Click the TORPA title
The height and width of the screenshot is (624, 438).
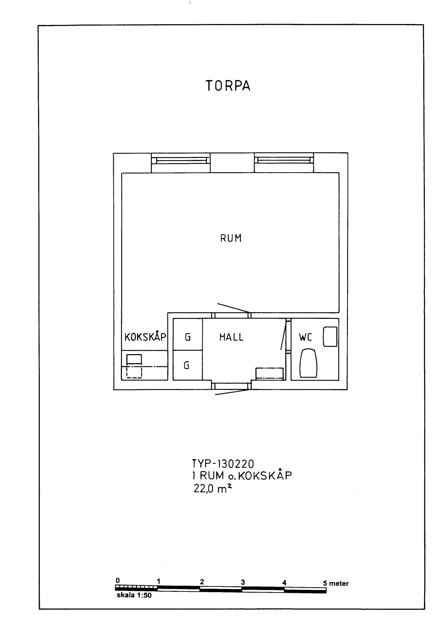click(x=228, y=86)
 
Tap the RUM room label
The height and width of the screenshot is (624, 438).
click(x=231, y=238)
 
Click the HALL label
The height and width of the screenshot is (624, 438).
click(x=231, y=337)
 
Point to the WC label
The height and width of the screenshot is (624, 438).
click(x=306, y=337)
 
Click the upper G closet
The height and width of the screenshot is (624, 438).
click(x=188, y=334)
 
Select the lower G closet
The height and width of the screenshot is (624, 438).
click(x=188, y=365)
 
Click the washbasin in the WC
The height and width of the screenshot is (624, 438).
click(x=330, y=336)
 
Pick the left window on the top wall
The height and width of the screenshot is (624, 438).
click(x=181, y=160)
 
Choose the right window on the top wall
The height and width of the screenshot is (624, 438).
click(x=284, y=160)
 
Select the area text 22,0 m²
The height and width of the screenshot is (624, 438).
click(x=213, y=488)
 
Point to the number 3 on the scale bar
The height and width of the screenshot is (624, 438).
click(x=243, y=582)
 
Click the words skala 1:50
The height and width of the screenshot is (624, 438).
click(x=134, y=595)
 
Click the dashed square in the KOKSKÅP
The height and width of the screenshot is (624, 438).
click(x=134, y=371)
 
